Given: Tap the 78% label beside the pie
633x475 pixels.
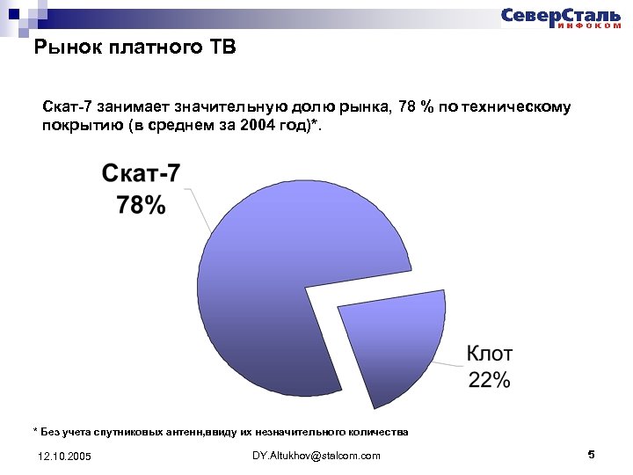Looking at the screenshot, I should pyautogui.click(x=141, y=206).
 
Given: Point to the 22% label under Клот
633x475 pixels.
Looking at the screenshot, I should pyautogui.click(x=489, y=380).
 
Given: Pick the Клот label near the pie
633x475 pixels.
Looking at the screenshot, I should pyautogui.click(x=489, y=354).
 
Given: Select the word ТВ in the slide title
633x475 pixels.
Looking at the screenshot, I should pyautogui.click(x=222, y=47).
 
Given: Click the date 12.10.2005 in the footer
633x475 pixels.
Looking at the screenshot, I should pyautogui.click(x=64, y=457).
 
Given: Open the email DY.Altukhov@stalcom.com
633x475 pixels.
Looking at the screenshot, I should pyautogui.click(x=316, y=456).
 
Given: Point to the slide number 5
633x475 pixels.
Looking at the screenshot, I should pyautogui.click(x=591, y=455).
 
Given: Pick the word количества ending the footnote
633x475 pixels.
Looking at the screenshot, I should pyautogui.click(x=377, y=432).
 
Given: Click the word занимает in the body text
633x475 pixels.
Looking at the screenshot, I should pyautogui.click(x=131, y=107).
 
